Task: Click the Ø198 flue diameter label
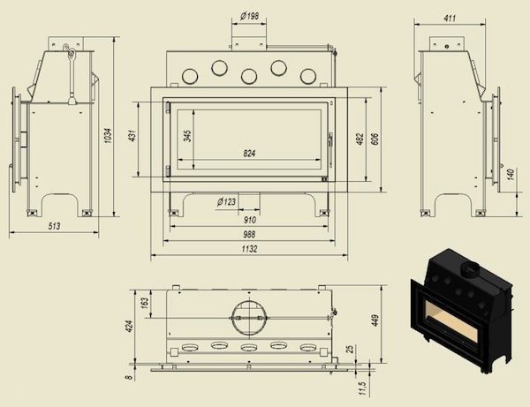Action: click(249, 16)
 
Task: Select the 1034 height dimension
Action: click(108, 135)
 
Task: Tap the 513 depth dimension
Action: click(54, 226)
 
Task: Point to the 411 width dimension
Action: click(450, 18)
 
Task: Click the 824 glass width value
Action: click(249, 154)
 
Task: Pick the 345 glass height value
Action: click(188, 136)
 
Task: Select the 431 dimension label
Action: click(132, 135)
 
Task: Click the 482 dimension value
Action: click(360, 139)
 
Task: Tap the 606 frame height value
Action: click(375, 139)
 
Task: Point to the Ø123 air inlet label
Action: click(226, 202)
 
